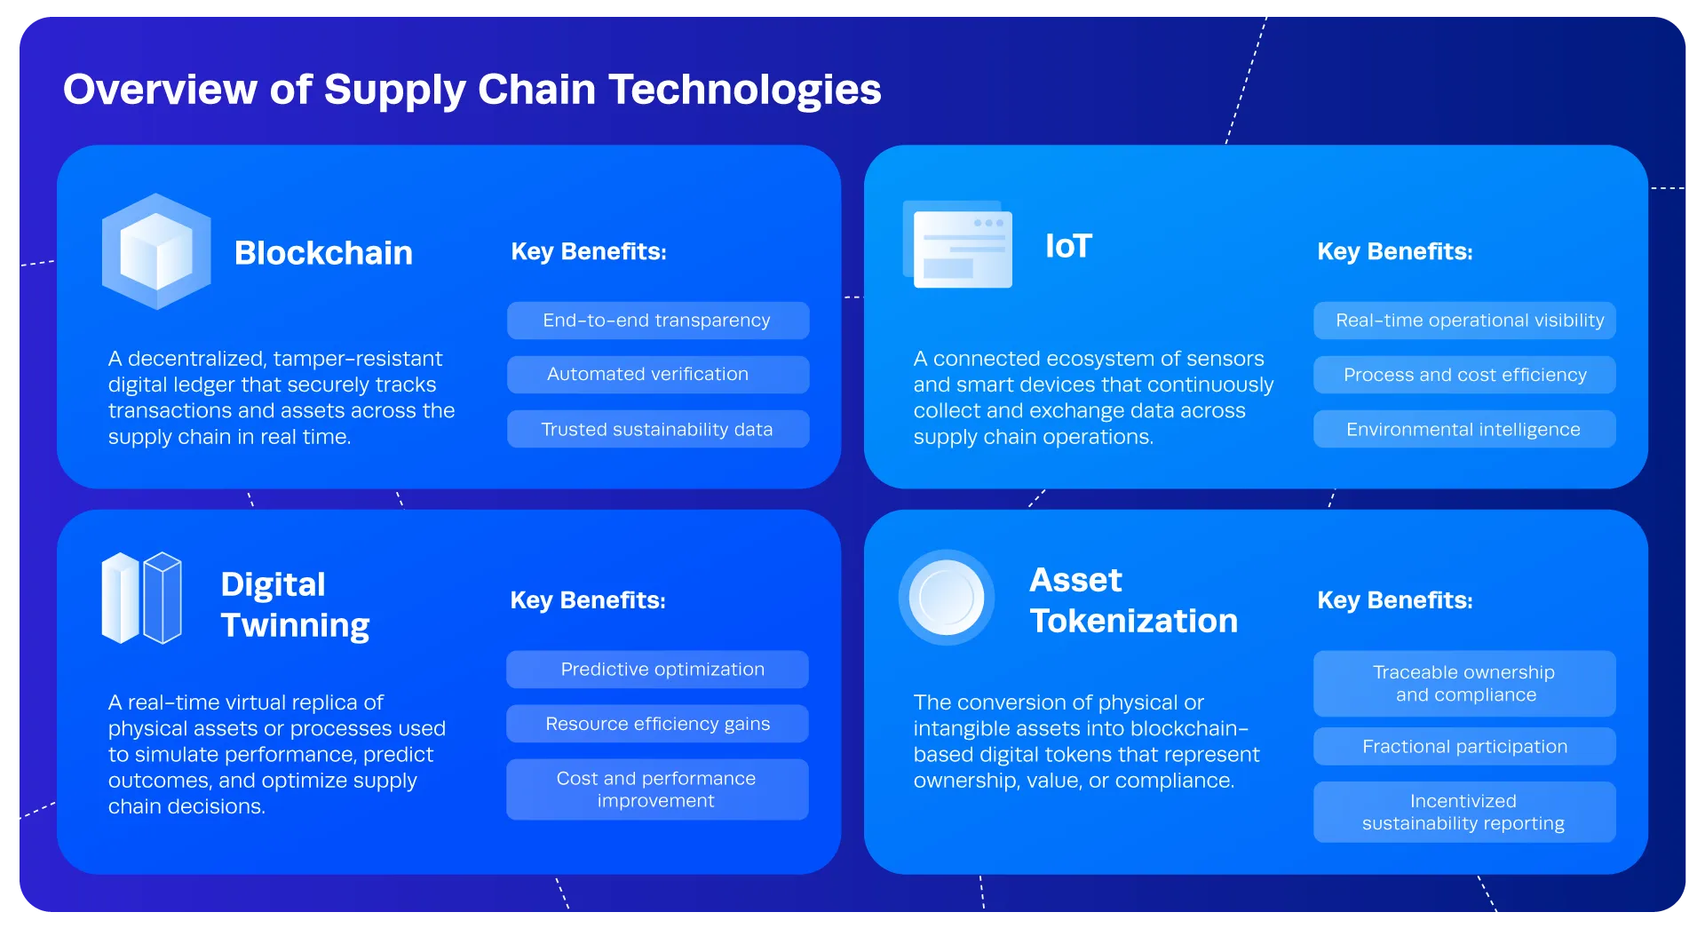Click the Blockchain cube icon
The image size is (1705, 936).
(156, 251)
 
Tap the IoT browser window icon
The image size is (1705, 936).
(958, 244)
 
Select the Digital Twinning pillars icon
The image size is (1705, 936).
(142, 598)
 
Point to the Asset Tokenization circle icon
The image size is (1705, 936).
(947, 598)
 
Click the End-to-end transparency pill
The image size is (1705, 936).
(657, 321)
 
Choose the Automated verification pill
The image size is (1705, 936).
(657, 375)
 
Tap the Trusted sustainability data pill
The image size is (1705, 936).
(657, 430)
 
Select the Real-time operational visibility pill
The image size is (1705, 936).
(1464, 321)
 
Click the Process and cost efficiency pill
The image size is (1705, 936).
(1464, 375)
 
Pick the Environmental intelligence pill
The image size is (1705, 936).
(1464, 430)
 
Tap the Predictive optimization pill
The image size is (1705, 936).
(657, 670)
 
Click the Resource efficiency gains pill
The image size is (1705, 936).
(657, 724)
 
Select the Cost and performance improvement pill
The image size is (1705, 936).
(657, 789)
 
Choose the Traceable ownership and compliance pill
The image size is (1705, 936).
(1464, 684)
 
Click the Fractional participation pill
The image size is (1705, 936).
(1464, 747)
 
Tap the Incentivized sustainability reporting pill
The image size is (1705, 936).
(1464, 813)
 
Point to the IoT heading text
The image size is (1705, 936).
(1068, 246)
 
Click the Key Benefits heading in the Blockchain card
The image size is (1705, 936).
(589, 251)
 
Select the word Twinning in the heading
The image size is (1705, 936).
(295, 625)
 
